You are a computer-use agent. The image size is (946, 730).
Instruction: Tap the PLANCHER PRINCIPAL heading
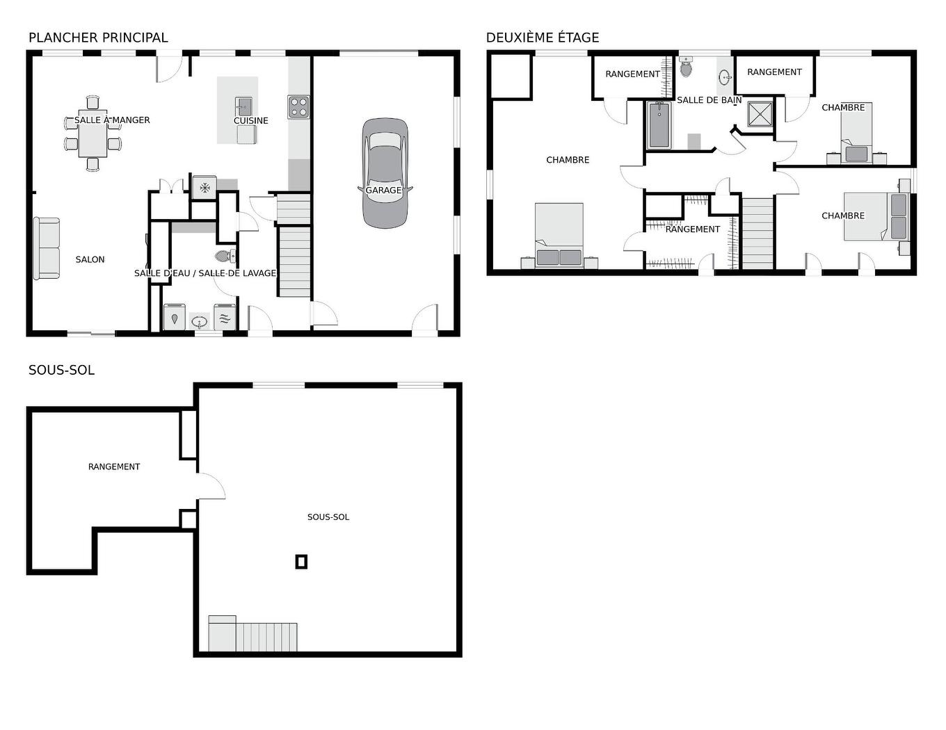[x=98, y=38]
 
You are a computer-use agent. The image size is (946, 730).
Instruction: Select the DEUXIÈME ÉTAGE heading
[x=543, y=38]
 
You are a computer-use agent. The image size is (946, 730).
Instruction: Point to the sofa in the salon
[x=47, y=248]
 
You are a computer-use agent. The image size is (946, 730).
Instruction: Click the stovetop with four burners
[x=298, y=106]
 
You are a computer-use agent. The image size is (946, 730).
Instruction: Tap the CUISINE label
[x=251, y=121]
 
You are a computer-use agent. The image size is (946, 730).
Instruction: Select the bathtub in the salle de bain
[x=658, y=125]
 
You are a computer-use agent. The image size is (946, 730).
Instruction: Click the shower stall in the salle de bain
[x=760, y=114]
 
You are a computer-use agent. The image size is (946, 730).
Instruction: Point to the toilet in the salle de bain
[x=686, y=67]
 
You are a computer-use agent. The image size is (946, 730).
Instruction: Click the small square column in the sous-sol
[x=301, y=561]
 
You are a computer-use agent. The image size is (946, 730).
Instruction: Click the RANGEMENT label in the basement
[x=114, y=467]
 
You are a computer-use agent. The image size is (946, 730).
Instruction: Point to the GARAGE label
[x=383, y=190]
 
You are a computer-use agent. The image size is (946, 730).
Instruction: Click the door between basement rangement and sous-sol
[x=211, y=485]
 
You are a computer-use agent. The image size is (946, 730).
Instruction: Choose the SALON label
[x=90, y=259]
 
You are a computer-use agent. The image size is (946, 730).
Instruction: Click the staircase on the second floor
[x=757, y=233]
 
